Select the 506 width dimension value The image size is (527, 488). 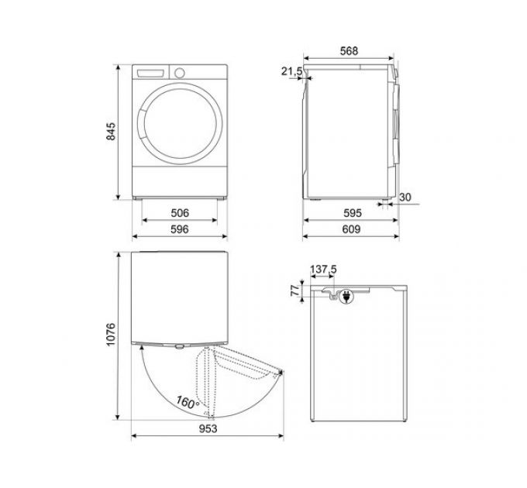click(180, 213)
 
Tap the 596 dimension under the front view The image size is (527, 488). click(180, 229)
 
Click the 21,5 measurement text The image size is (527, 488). click(291, 71)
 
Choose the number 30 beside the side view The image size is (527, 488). click(405, 198)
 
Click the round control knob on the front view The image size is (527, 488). click(180, 73)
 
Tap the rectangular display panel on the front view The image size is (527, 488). click(152, 73)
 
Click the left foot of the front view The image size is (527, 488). click(143, 198)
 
